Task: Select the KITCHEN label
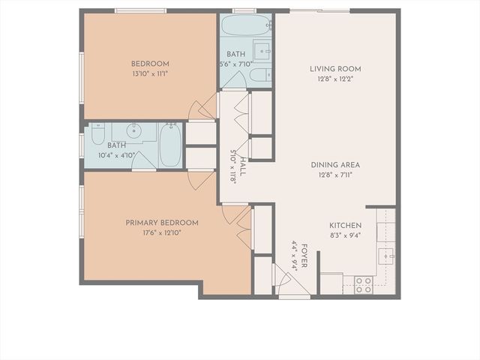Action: [345, 225]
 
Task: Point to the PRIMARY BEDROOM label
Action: [161, 223]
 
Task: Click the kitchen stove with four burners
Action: [363, 284]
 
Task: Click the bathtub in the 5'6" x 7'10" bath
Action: [246, 25]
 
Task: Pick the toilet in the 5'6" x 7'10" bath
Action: [259, 75]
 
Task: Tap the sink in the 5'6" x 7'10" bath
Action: [262, 51]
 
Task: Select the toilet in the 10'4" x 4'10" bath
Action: [97, 136]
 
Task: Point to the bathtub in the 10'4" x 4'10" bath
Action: [170, 145]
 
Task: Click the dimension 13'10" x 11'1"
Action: [150, 73]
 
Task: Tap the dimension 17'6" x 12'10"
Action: [161, 232]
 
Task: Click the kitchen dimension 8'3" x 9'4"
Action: [345, 235]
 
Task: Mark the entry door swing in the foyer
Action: [283, 282]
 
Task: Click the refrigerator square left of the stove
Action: [331, 283]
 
